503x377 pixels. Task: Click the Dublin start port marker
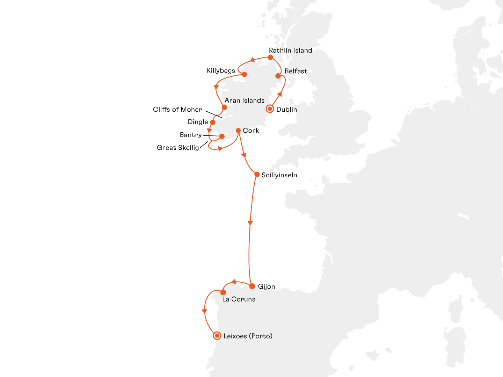coord(270,109)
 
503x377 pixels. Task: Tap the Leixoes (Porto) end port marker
coord(217,336)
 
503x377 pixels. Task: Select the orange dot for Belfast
coord(278,76)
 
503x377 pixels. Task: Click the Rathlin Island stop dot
coord(270,57)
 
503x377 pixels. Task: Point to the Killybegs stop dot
coord(245,74)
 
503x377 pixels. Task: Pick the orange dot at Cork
coord(238,131)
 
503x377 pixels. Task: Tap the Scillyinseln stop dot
coord(257,174)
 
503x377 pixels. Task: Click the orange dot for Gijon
coord(252,286)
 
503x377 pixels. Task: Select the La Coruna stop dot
coord(223,292)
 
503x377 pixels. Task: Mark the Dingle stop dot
coord(213,122)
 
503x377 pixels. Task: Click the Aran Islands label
coord(245,101)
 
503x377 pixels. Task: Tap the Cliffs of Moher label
coord(177,110)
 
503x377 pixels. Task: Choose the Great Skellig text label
coord(178,148)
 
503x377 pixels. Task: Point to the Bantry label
coord(191,135)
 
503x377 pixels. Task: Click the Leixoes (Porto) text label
coord(248,336)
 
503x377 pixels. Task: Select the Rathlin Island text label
coord(290,51)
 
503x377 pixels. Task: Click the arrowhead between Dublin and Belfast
coord(279,94)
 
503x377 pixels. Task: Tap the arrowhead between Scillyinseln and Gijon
coord(250,223)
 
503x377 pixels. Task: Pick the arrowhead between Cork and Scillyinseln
coord(244,155)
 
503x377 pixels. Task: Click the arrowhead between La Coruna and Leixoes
coord(204,311)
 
